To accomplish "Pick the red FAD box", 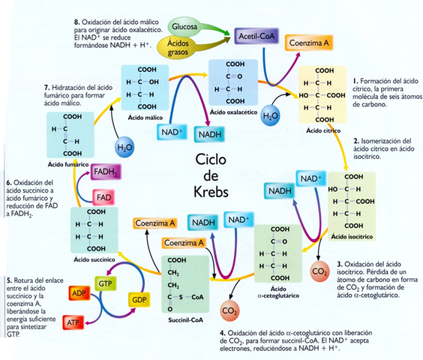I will tap(103, 197).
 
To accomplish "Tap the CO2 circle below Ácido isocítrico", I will tap(319, 269).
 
